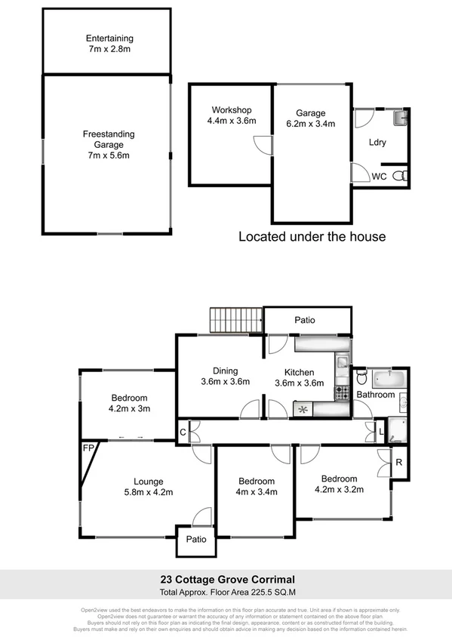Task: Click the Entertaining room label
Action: coord(109,38)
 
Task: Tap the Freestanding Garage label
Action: coord(109,134)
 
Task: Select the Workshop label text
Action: coord(231,110)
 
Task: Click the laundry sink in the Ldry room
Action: coord(400,119)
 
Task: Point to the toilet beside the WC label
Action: coord(404,176)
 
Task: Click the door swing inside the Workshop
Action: coord(260,143)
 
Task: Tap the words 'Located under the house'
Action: coord(312,236)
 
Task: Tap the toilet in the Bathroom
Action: coord(360,377)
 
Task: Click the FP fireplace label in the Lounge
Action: coord(87,448)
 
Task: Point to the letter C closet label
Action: coord(183,432)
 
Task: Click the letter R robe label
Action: coord(399,462)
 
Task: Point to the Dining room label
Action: coord(225,371)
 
